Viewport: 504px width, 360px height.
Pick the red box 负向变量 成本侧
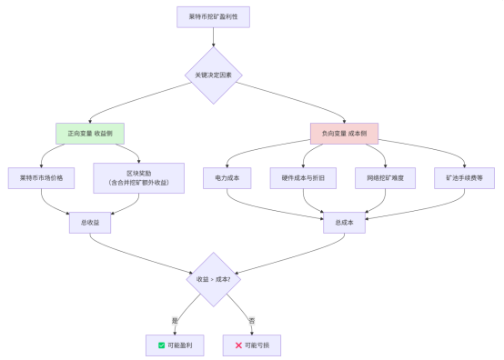(x=344, y=134)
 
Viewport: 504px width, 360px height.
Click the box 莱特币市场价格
(x=41, y=178)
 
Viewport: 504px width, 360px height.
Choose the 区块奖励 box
(x=139, y=178)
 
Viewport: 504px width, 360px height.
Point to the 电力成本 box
(x=221, y=178)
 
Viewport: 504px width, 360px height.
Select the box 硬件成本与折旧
(x=303, y=178)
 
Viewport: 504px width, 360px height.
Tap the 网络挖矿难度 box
(x=385, y=178)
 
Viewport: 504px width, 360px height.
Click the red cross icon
(x=238, y=345)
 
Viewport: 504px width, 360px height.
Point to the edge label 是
(x=176, y=320)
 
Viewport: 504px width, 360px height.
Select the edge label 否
(x=251, y=320)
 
